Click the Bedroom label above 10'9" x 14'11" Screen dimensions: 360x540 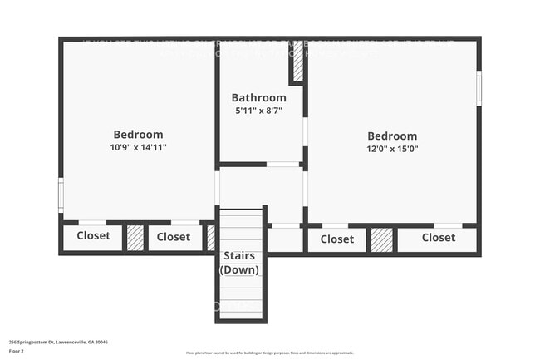pyautogui.click(x=138, y=134)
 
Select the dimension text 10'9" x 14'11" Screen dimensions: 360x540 pyautogui.click(x=138, y=147)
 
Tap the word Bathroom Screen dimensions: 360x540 pyautogui.click(x=258, y=97)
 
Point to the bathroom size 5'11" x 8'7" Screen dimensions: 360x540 pyautogui.click(x=258, y=111)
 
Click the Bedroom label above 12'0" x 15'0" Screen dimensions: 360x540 pyautogui.click(x=392, y=136)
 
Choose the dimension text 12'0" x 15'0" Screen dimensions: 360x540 pyautogui.click(x=392, y=150)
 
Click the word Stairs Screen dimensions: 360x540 pyautogui.click(x=238, y=255)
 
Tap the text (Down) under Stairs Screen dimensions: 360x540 pyautogui.click(x=238, y=269)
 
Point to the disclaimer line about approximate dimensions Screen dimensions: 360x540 pyautogui.click(x=270, y=353)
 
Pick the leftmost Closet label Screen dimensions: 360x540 pyautogui.click(x=93, y=236)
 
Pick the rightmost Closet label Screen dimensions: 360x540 pyautogui.click(x=438, y=238)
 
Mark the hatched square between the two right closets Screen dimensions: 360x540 pyautogui.click(x=381, y=239)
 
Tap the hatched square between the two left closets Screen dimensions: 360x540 pyautogui.click(x=135, y=238)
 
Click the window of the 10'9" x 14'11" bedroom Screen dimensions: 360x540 pyautogui.click(x=61, y=194)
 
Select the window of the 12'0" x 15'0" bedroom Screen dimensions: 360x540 pyautogui.click(x=479, y=88)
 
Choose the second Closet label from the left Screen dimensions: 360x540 pyautogui.click(x=174, y=237)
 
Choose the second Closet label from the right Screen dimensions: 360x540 pyautogui.click(x=336, y=239)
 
